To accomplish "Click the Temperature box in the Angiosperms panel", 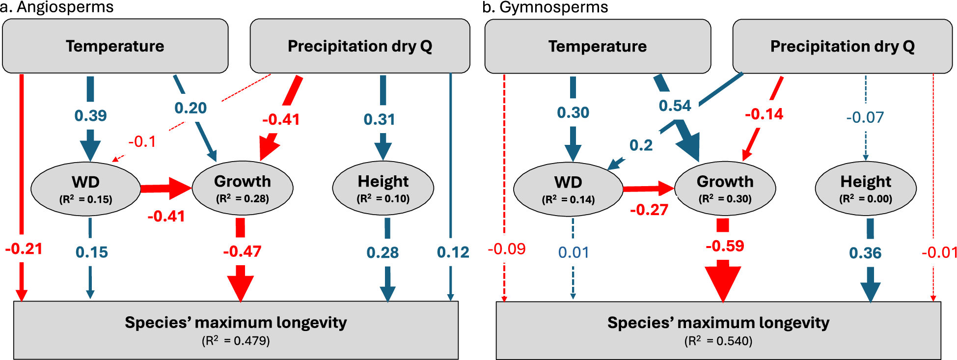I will [115, 46].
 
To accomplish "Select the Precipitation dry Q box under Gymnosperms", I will [842, 46].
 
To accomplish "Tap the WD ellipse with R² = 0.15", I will [85, 189].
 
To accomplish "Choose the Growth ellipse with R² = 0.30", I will [725, 189].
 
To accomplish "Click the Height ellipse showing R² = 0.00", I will [865, 189].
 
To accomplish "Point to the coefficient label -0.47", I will [242, 251].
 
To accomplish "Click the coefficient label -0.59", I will [725, 246].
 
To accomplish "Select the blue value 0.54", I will [675, 106].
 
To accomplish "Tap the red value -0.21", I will [24, 249].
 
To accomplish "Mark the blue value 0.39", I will [90, 115].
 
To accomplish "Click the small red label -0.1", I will [142, 141].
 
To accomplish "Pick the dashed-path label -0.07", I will [865, 117].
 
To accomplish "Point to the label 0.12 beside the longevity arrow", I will [453, 252].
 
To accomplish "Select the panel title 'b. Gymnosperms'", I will [545, 7].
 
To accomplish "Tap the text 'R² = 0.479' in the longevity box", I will [236, 341].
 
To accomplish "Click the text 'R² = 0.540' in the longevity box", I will [718, 341].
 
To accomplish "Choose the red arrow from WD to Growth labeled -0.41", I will [165, 188].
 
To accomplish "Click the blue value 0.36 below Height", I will [865, 253].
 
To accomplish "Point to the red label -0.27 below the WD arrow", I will [649, 210].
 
